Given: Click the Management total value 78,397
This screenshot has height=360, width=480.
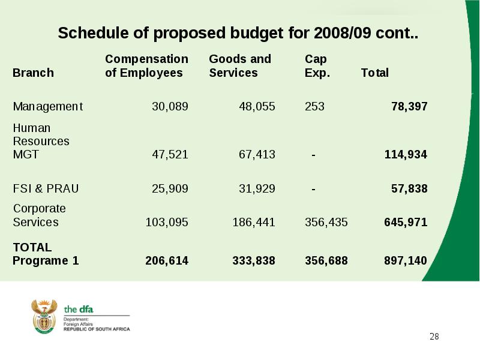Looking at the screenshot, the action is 409,107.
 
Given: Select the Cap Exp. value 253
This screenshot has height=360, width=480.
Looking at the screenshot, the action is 314,107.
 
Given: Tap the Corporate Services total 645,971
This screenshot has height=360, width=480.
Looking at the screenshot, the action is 406,222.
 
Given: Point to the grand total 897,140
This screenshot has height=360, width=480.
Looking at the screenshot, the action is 406,261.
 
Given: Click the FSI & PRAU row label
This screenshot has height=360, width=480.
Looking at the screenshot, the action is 46,188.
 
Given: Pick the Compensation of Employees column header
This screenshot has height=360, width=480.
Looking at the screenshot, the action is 146,66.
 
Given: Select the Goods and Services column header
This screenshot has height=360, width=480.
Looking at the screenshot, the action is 240,66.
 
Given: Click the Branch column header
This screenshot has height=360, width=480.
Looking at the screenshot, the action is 33,73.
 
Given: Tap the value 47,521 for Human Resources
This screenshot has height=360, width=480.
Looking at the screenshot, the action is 170,155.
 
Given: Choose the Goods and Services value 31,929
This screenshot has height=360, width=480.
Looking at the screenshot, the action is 257,188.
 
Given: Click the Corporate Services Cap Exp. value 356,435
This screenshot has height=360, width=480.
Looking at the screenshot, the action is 326,222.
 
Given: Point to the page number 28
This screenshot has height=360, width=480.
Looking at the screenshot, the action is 434,337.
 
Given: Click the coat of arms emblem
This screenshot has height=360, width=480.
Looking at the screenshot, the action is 44,316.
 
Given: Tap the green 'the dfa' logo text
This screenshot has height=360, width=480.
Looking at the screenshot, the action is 79,310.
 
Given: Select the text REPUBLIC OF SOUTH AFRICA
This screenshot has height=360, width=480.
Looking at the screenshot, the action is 97,329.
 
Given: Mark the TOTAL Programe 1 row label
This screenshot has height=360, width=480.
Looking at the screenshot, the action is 46,254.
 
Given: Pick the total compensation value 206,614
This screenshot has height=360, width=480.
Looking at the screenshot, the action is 167,261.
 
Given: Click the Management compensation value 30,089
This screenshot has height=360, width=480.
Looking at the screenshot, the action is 170,107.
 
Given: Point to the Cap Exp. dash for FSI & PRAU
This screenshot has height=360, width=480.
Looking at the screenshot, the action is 313,189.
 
